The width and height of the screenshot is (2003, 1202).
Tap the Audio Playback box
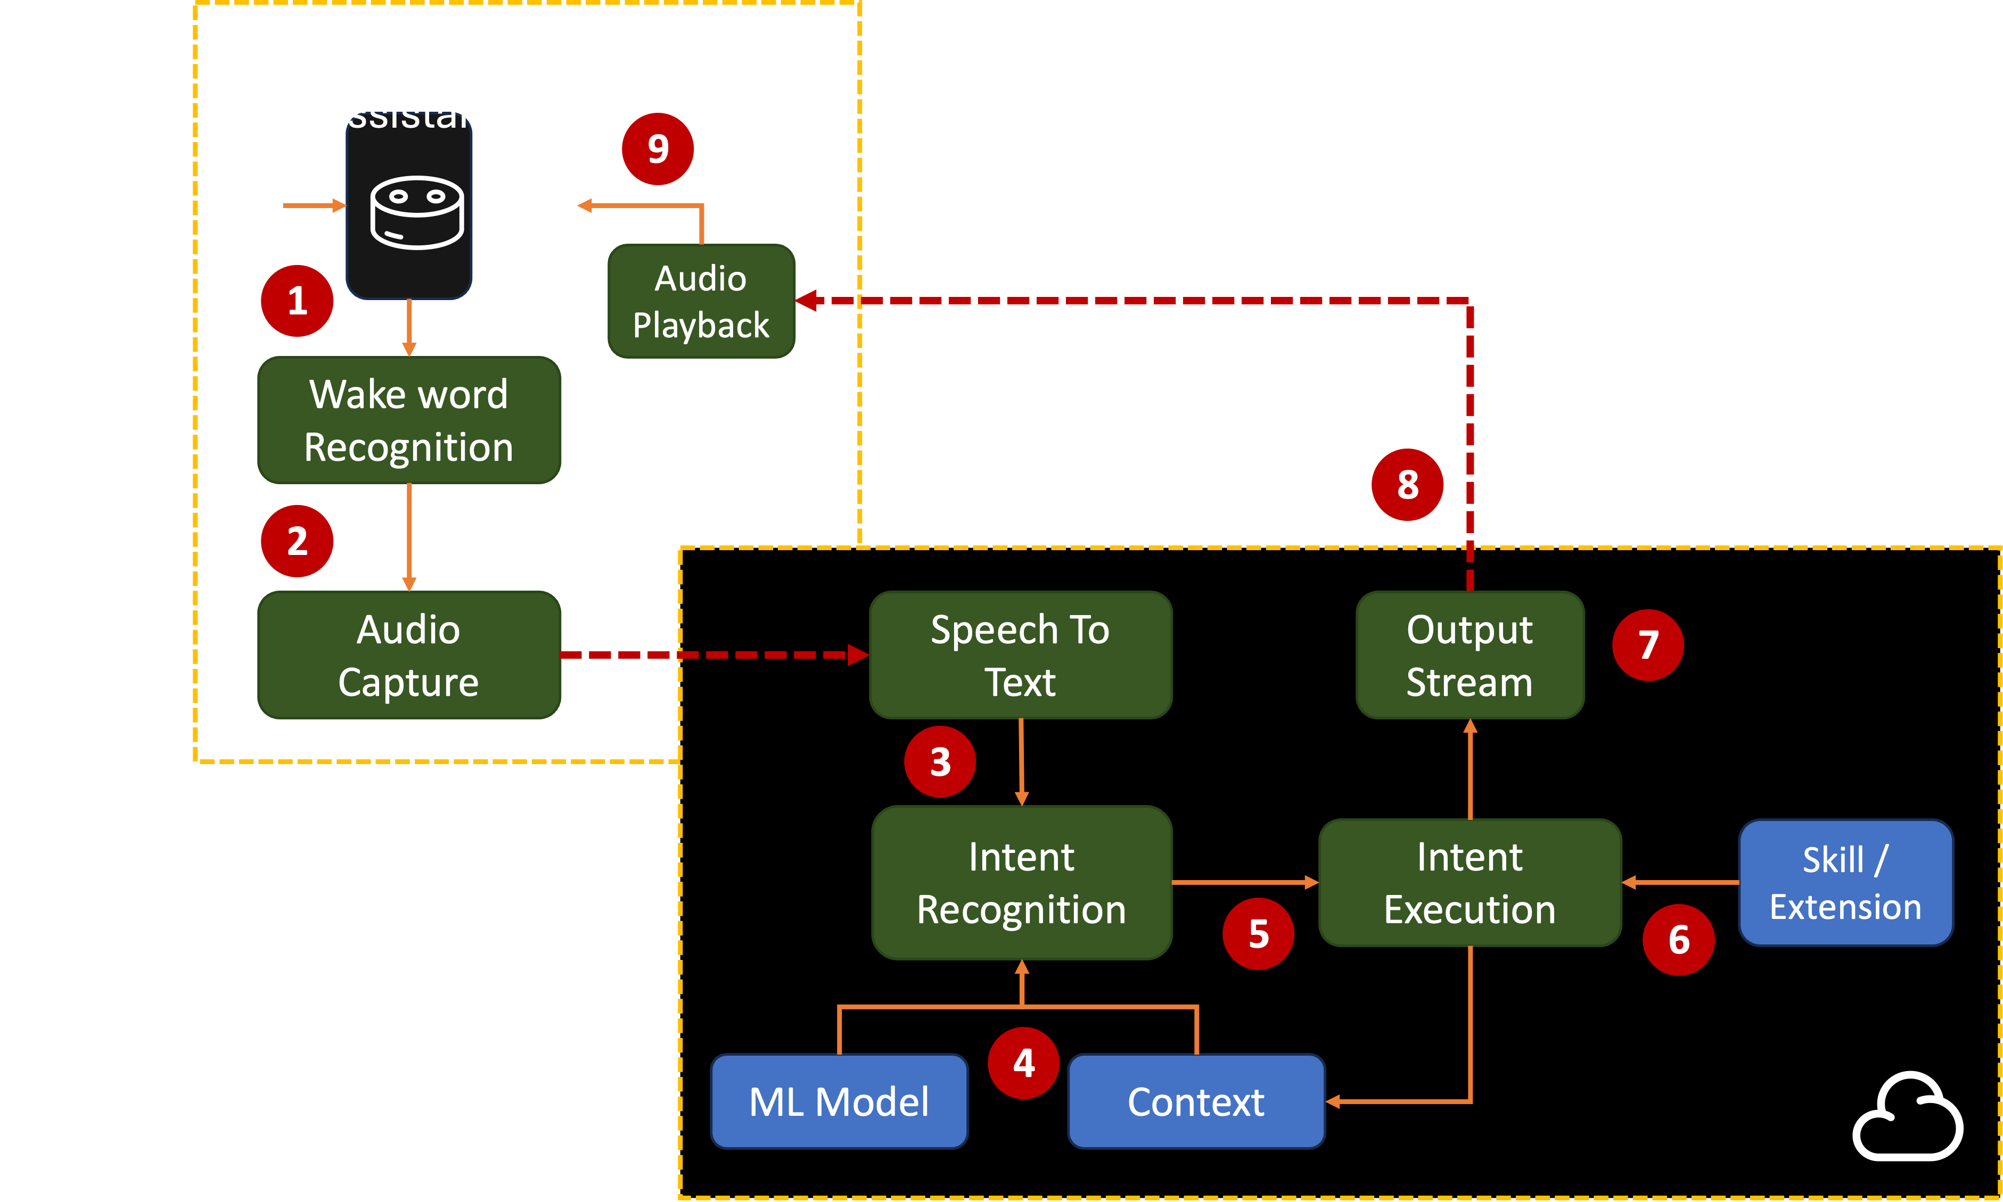701,301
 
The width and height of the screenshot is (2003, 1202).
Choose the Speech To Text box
1020,654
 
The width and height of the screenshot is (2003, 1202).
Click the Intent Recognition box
1021,882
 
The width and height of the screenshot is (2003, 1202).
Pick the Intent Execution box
1470,882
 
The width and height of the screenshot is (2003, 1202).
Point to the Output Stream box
1470,654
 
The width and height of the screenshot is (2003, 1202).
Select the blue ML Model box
839,1101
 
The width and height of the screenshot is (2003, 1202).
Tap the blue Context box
1196,1101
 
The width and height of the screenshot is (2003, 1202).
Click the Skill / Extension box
1846,882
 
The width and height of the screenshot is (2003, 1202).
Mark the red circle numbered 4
1023,1063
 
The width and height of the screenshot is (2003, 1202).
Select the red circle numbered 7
1648,645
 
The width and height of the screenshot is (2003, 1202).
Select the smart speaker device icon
416,212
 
